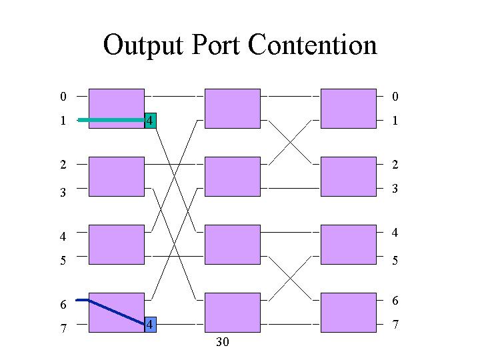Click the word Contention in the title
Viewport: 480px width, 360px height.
pyautogui.click(x=313, y=45)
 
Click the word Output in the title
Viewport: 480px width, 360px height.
pyautogui.click(x=143, y=46)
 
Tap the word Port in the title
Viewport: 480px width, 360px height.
pyautogui.click(x=216, y=45)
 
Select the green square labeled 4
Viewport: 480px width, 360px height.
pyautogui.click(x=150, y=121)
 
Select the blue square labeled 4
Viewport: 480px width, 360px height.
pyautogui.click(x=150, y=325)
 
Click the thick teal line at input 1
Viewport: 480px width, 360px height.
pyautogui.click(x=111, y=120)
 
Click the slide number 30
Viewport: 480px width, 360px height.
pyautogui.click(x=223, y=342)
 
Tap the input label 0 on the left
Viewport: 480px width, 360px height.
pyautogui.click(x=63, y=97)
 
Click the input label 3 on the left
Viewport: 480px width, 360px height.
pyautogui.click(x=63, y=192)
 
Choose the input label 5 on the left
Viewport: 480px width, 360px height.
pyautogui.click(x=63, y=260)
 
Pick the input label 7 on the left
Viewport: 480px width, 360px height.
pyautogui.click(x=63, y=328)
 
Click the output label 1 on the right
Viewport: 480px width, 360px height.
pyautogui.click(x=395, y=121)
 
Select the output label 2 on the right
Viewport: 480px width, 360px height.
pyautogui.click(x=395, y=165)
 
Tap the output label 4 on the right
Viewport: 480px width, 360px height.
pyautogui.click(x=395, y=233)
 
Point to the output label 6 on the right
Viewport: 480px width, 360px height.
pyautogui.click(x=395, y=301)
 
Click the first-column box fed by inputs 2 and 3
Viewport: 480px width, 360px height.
pyautogui.click(x=117, y=177)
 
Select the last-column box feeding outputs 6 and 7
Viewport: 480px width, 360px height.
pyautogui.click(x=349, y=313)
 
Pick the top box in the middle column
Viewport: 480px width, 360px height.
pyautogui.click(x=233, y=109)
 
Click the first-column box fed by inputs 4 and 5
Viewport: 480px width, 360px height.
pyautogui.click(x=117, y=245)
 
